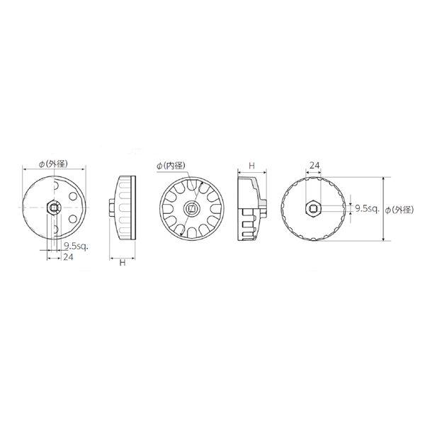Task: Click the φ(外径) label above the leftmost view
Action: point(53,164)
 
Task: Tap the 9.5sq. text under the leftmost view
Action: point(76,246)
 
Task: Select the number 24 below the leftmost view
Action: point(68,257)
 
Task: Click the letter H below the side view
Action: point(123,262)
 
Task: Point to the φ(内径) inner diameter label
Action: point(171,165)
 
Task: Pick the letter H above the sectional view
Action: point(251,166)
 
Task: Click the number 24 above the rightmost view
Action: point(314,165)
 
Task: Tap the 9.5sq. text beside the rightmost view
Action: point(367,208)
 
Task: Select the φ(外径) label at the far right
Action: point(399,210)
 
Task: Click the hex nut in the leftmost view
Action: point(55,208)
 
